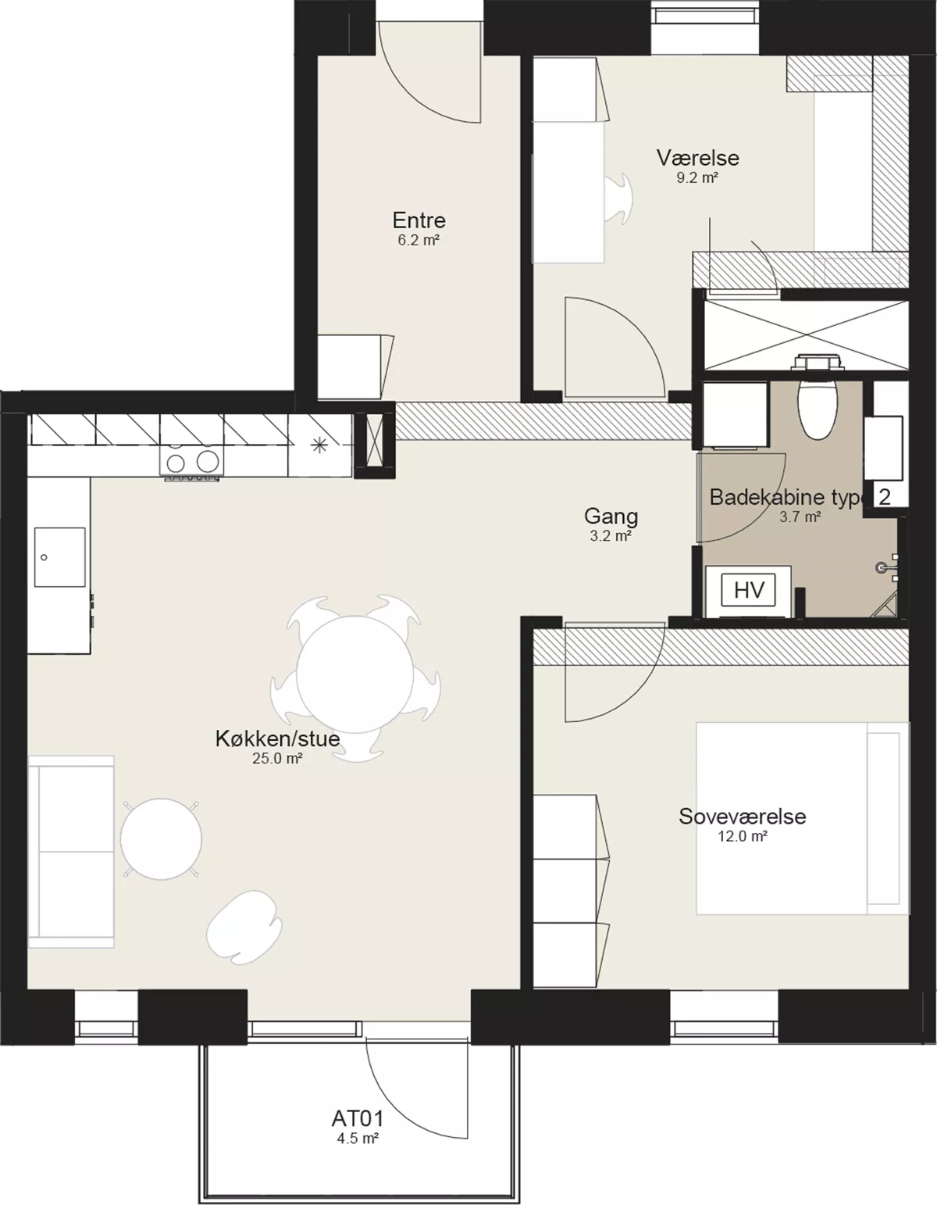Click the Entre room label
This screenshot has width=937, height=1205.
pyautogui.click(x=419, y=220)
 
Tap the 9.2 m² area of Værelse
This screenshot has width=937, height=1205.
pyautogui.click(x=697, y=178)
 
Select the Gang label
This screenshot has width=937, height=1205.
pyautogui.click(x=611, y=517)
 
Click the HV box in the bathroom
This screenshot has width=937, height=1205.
pyautogui.click(x=749, y=590)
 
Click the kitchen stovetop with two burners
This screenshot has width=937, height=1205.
pyautogui.click(x=192, y=460)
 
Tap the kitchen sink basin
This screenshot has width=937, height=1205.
pyautogui.click(x=60, y=556)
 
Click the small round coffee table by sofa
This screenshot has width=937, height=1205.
pyautogui.click(x=162, y=838)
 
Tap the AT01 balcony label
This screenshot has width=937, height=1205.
pyautogui.click(x=358, y=1118)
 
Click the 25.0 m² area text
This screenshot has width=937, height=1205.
pyautogui.click(x=277, y=758)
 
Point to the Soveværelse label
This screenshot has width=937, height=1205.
pyautogui.click(x=742, y=817)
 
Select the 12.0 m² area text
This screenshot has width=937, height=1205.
pyautogui.click(x=743, y=836)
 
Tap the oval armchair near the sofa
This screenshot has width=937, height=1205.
pyautogui.click(x=244, y=927)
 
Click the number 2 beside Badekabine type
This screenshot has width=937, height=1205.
pyautogui.click(x=885, y=496)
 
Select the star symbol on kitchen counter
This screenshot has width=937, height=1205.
pyautogui.click(x=319, y=445)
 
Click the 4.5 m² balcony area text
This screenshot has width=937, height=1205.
pyautogui.click(x=358, y=1139)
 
